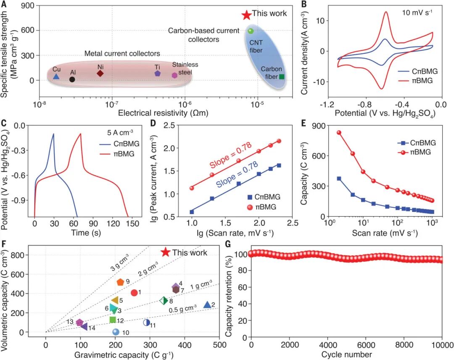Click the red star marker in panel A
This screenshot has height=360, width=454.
[246, 15]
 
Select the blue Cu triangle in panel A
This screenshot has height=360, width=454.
[56, 77]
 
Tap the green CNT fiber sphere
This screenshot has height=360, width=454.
[251, 31]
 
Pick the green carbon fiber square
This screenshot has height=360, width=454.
[282, 77]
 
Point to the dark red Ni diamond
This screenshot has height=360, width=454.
[100, 73]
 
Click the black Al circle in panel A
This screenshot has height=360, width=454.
[72, 79]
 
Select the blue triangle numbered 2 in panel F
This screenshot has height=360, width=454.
[207, 305]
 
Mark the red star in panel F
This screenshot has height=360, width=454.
[166, 252]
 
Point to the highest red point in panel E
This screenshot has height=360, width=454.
[338, 133]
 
